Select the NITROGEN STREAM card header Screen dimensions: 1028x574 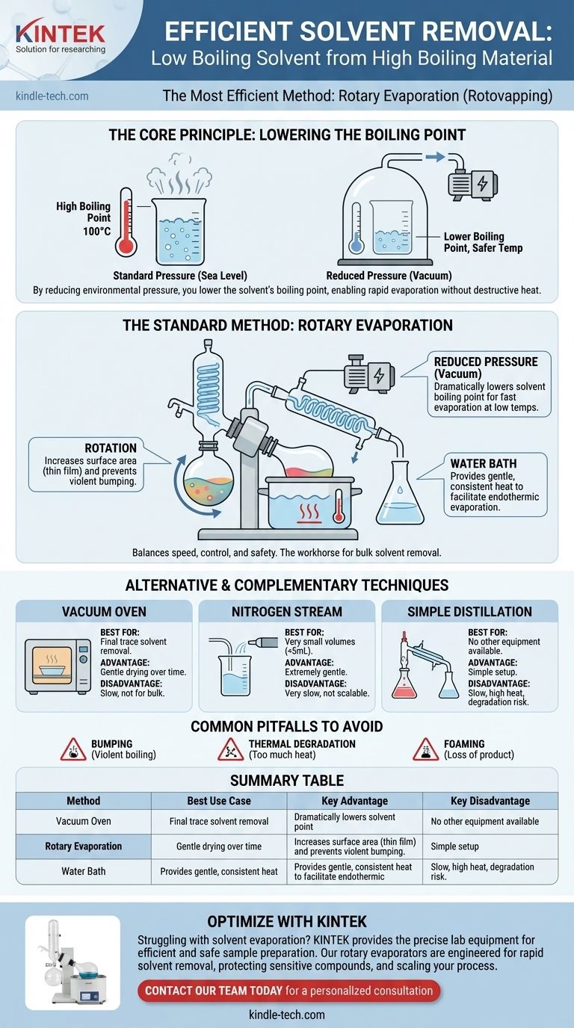[286, 611]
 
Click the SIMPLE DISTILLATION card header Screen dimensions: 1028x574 [469, 611]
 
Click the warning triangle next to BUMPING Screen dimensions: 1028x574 [73, 749]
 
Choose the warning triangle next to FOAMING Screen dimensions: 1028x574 [426, 749]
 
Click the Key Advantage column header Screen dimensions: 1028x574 [354, 801]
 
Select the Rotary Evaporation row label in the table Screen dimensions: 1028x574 [84, 846]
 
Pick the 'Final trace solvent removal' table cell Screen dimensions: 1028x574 [219, 821]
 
